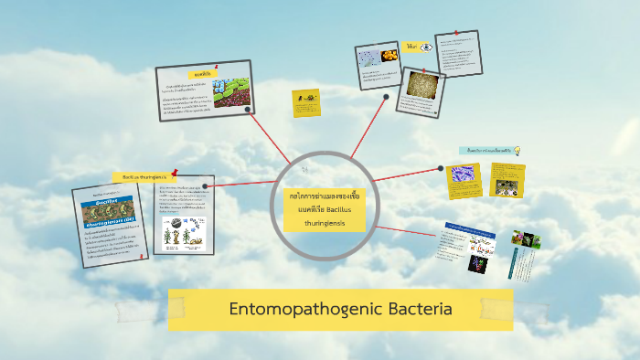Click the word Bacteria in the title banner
(x=420, y=309)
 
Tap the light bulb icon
(x=517, y=150)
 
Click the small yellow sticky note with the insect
(x=306, y=101)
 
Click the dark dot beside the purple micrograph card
(x=440, y=168)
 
